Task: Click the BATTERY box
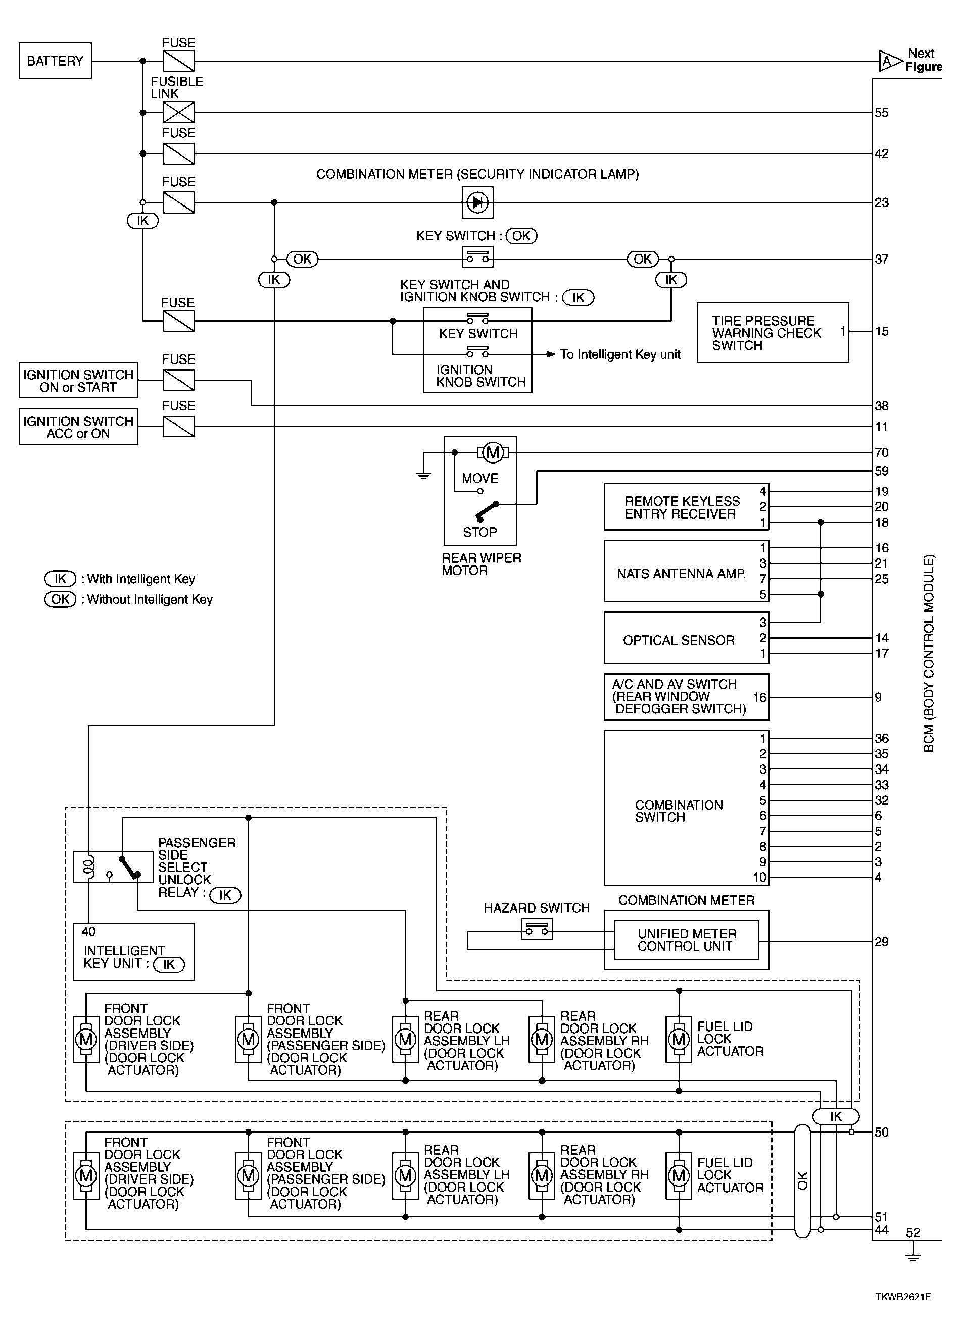[55, 61]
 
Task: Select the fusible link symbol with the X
[178, 112]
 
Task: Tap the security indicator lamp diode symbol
[477, 202]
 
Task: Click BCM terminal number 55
[881, 113]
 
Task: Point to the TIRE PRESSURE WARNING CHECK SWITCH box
[773, 332]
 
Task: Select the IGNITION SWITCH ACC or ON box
[78, 427]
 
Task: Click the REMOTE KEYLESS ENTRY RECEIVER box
[687, 507]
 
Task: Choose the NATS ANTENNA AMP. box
[687, 571]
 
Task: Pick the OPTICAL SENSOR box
[687, 638]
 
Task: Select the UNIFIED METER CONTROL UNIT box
[687, 940]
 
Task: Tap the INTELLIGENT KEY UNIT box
[133, 952]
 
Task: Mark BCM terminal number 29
[881, 942]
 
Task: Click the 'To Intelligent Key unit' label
[620, 354]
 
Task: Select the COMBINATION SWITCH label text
[679, 811]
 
